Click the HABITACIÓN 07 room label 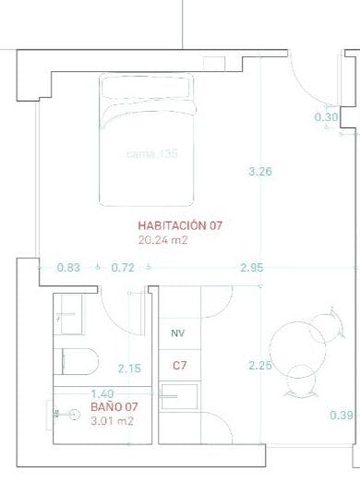180,225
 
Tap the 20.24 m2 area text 162,240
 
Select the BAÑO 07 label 114,407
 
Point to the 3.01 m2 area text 112,421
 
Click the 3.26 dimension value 260,172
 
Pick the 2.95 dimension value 252,268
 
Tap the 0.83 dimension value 69,268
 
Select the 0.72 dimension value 123,268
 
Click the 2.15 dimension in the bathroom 129,368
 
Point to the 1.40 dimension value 102,394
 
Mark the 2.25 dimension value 260,366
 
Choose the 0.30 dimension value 326,117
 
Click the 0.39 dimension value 342,416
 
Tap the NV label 178,333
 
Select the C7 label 179,366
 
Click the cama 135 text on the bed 151,154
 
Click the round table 297,350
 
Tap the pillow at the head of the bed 146,87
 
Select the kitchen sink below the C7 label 179,396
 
